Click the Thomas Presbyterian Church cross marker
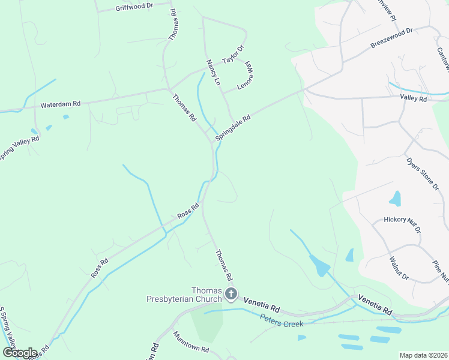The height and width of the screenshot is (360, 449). tap(231, 294)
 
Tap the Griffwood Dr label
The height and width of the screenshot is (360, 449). tap(134, 7)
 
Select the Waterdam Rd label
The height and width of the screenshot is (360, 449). tap(60, 105)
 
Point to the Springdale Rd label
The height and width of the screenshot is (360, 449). tap(232, 128)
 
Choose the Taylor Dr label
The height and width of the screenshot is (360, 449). tap(234, 55)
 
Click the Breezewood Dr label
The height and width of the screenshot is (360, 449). tap(392, 38)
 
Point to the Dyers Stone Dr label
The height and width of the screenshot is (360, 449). tap(422, 174)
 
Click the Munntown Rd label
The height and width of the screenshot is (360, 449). tap(191, 343)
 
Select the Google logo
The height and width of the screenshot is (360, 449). tap(20, 352)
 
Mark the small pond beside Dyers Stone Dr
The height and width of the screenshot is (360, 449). tap(396, 198)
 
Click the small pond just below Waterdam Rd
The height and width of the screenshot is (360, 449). tap(65, 117)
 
